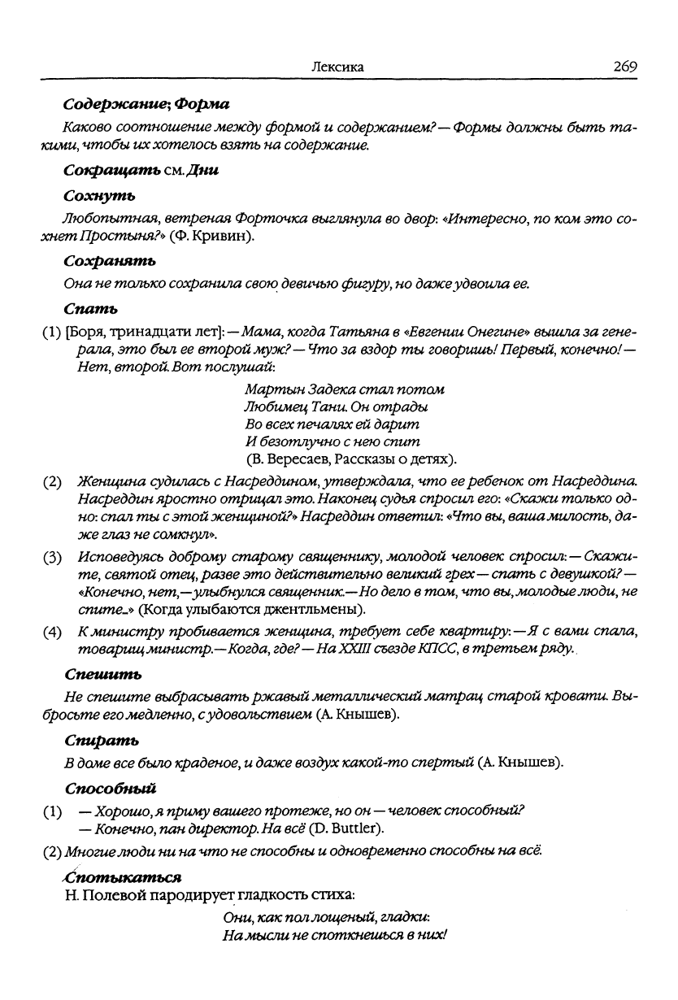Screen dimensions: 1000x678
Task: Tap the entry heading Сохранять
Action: point(109,260)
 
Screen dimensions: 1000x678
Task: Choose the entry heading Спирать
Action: point(101,740)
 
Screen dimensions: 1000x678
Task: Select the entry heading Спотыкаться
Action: point(122,877)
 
